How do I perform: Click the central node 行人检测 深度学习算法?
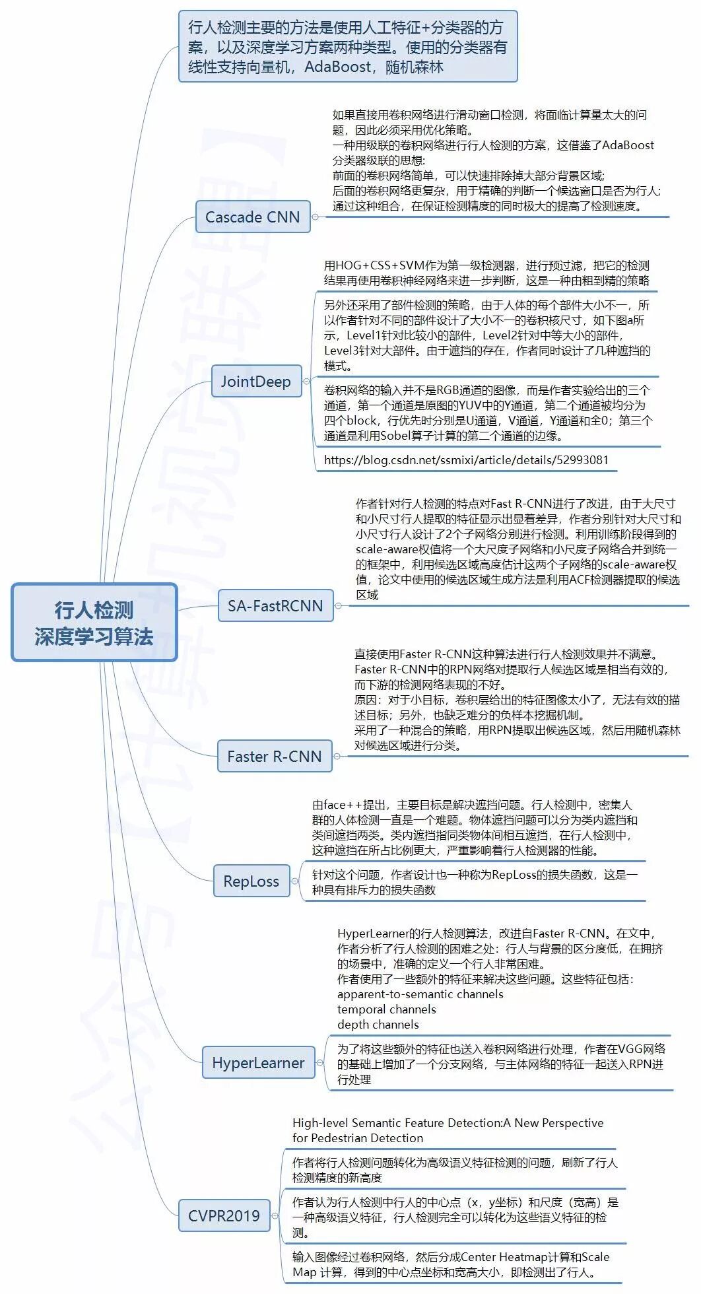94,622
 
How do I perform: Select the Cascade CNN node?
253,217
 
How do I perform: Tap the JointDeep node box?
256,381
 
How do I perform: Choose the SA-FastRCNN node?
275,605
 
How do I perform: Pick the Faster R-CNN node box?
275,756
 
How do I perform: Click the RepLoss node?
251,881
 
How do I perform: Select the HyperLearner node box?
258,1062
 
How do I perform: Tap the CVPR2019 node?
224,1215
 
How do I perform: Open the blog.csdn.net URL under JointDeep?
466,460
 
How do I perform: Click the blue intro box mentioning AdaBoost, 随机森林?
347,47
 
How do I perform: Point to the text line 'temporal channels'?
386,1009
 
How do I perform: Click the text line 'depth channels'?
378,1025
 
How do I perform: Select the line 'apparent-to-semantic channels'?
420,994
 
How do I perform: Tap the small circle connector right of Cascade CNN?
315,217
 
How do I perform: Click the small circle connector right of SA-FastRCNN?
338,605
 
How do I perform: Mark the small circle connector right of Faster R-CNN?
337,756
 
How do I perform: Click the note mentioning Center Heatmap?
451,1264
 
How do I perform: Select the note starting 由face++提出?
474,827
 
